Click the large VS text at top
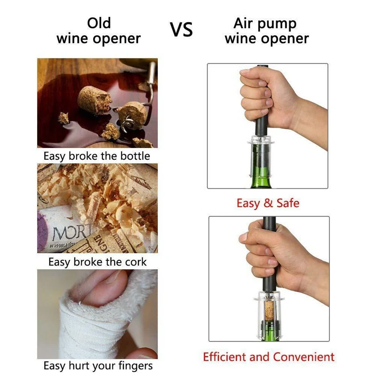pyautogui.click(x=181, y=30)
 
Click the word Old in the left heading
pyautogui.click(x=99, y=23)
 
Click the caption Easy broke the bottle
pyautogui.click(x=97, y=156)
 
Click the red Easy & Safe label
pyautogui.click(x=268, y=204)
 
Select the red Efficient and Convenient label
pyautogui.click(x=269, y=357)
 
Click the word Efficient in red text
pyautogui.click(x=224, y=357)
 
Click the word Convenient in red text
pyautogui.click(x=301, y=357)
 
